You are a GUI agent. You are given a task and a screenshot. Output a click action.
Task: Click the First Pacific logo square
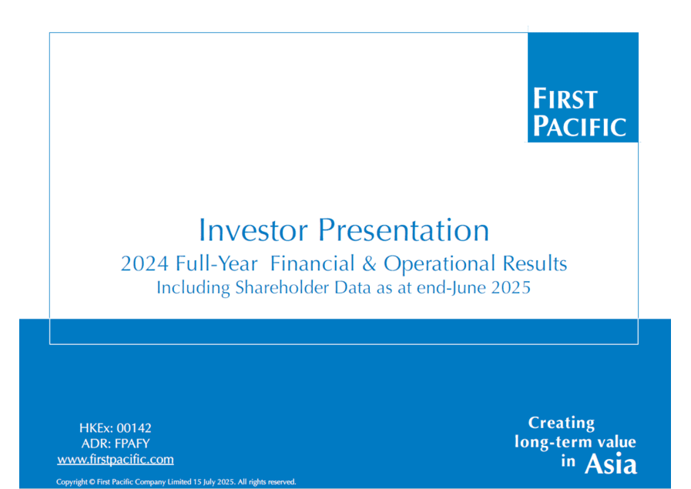583,87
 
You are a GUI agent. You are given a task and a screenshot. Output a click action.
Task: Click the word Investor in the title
253,230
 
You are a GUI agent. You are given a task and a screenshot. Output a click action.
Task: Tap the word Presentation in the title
404,230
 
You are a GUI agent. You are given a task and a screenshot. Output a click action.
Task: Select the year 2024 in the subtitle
145,264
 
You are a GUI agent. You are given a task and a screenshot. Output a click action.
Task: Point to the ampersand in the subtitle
369,264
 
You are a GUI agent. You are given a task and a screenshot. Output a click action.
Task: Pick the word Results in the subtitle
535,263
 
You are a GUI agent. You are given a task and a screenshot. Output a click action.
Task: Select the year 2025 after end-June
511,288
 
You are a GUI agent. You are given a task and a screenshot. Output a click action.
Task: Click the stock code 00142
134,428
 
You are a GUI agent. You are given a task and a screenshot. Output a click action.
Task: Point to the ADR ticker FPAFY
132,444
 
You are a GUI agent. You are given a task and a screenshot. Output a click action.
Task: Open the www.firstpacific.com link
116,460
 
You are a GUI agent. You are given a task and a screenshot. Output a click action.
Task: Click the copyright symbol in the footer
92,482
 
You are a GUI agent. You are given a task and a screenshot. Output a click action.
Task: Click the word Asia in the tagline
611,464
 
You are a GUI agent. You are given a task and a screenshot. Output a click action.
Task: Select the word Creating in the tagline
562,423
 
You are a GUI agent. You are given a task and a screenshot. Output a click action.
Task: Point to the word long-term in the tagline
551,442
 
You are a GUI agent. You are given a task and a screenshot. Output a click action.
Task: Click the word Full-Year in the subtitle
216,264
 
